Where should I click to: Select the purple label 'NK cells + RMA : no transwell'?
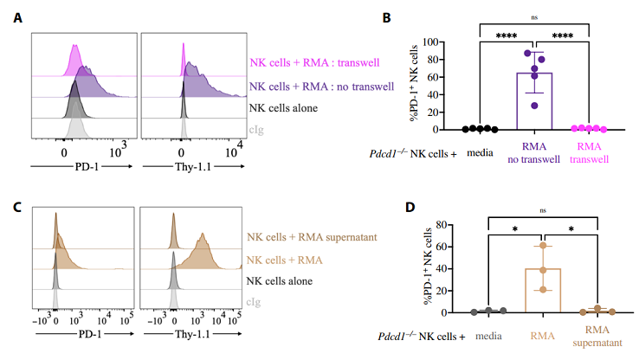tap(321, 87)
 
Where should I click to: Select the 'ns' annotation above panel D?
tap(543, 209)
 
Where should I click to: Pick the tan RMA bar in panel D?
tap(543, 291)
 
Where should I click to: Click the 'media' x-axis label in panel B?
tap(480, 150)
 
